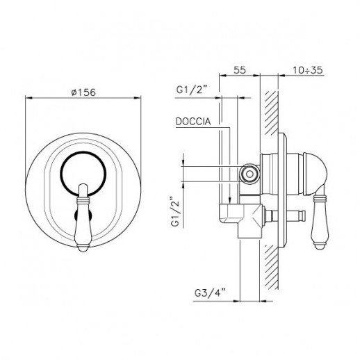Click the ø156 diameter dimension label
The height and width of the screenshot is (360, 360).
tap(83, 92)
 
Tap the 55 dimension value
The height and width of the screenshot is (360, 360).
tap(239, 69)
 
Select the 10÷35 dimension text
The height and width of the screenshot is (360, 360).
tap(308, 70)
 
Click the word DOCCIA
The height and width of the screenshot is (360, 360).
tap(193, 122)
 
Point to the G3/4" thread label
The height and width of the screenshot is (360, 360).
tap(210, 293)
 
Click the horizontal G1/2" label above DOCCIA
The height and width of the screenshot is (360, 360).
tap(192, 90)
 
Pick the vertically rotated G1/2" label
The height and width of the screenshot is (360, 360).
tap(175, 212)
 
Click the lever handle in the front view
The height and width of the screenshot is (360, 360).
tap(83, 218)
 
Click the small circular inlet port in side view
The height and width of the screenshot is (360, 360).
tap(249, 174)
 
